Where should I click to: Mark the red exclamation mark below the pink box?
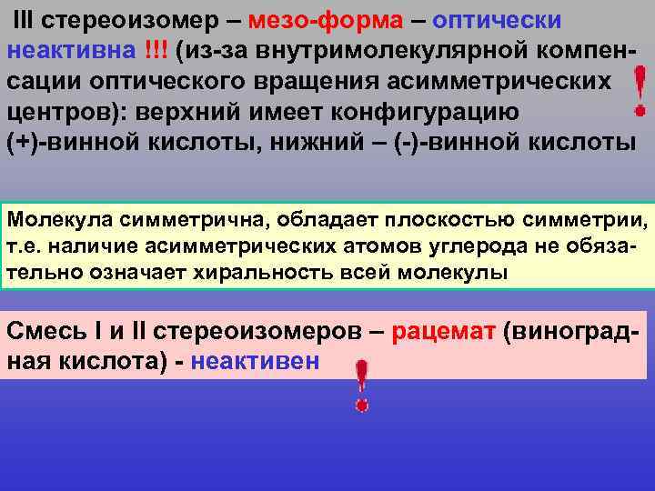tap(361, 386)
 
